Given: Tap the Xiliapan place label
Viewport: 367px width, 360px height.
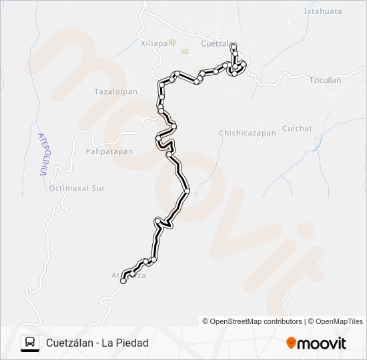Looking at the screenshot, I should point(157,43).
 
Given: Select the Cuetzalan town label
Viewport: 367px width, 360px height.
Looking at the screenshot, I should point(218,44).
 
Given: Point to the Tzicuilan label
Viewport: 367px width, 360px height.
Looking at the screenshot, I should point(325,80).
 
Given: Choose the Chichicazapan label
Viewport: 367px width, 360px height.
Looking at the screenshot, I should point(247,133).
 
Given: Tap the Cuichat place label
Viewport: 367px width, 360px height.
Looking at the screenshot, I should point(297,128).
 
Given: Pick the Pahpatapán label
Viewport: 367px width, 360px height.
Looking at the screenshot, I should point(109,151).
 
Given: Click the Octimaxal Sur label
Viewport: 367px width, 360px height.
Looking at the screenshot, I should point(77,189).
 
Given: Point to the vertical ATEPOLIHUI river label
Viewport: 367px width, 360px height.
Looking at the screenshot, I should point(41,154).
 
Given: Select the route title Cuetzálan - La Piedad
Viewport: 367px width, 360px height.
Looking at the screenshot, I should point(97,343).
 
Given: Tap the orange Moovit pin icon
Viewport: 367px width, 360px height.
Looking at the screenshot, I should point(291,343).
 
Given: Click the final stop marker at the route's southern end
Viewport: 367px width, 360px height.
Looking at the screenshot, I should point(123,281).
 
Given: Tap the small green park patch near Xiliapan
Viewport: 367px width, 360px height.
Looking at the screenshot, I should point(172,42).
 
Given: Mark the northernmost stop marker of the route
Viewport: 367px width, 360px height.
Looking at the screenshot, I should point(232,47).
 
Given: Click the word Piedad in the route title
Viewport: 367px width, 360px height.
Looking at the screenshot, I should point(131,343).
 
